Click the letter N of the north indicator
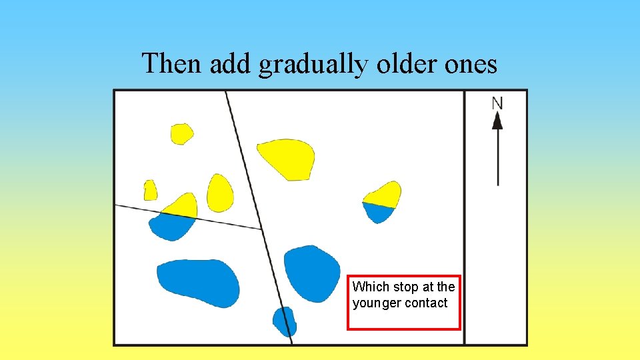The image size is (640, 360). click(497, 103)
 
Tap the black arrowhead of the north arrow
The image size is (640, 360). click(497, 121)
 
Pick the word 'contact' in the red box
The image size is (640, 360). click(427, 303)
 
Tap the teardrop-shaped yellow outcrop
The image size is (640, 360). click(219, 193)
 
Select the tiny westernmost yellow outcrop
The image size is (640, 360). click(151, 191)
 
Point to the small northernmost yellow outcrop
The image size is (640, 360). click(181, 134)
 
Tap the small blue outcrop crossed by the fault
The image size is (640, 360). click(285, 321)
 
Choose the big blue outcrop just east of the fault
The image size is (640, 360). click(312, 272)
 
